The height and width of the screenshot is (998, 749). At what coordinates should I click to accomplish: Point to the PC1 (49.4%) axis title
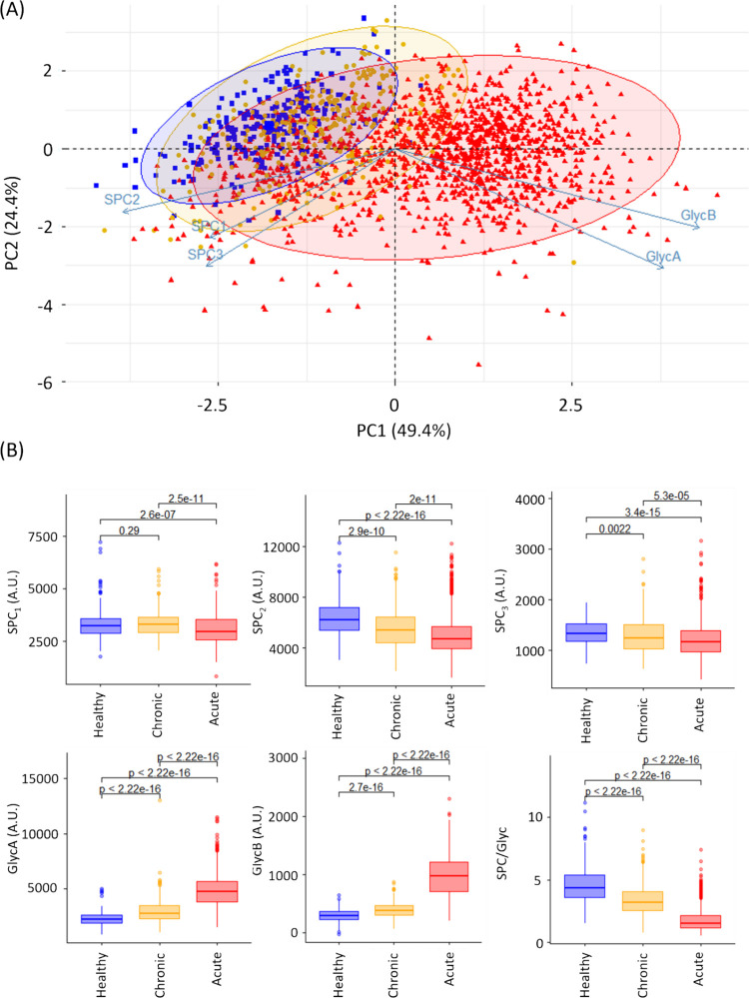coord(394,433)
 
